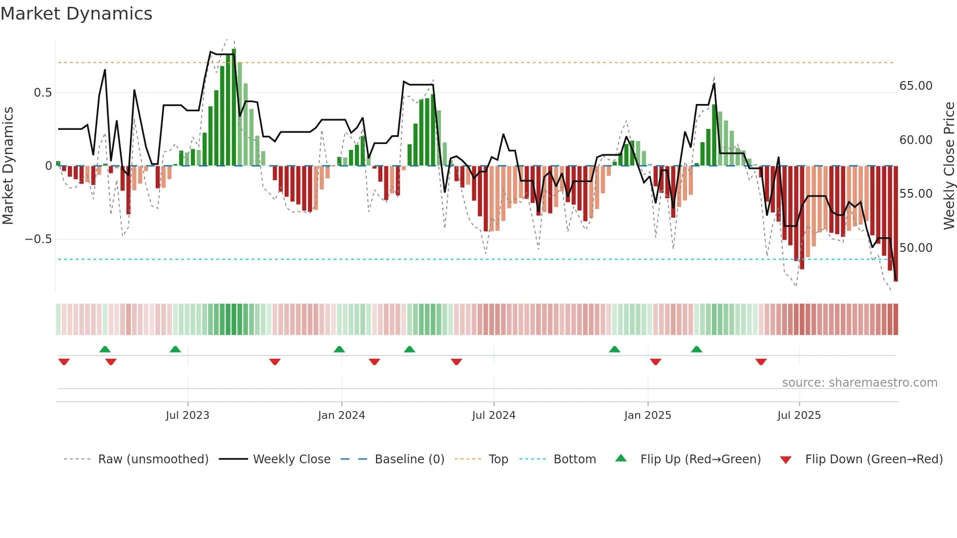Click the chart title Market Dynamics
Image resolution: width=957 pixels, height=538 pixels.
[76, 14]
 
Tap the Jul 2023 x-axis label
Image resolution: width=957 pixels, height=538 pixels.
[187, 415]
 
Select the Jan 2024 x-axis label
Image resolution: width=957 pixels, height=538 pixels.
[341, 415]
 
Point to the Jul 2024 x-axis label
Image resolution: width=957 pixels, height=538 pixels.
[494, 415]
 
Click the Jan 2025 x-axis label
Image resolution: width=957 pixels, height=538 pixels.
[647, 415]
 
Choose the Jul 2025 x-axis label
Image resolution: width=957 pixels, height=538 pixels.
[799, 415]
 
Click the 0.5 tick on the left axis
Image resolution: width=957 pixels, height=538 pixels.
[42, 93]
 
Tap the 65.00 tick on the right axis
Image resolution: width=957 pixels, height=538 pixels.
[916, 86]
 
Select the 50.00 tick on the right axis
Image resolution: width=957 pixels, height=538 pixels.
[916, 248]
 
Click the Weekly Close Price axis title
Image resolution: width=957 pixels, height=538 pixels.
[949, 166]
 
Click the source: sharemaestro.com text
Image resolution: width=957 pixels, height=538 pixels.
[859, 383]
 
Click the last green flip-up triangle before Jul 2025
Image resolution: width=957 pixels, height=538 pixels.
[697, 349]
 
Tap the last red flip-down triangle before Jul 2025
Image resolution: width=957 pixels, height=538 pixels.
[761, 362]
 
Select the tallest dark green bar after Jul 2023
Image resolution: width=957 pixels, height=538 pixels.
[234, 107]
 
